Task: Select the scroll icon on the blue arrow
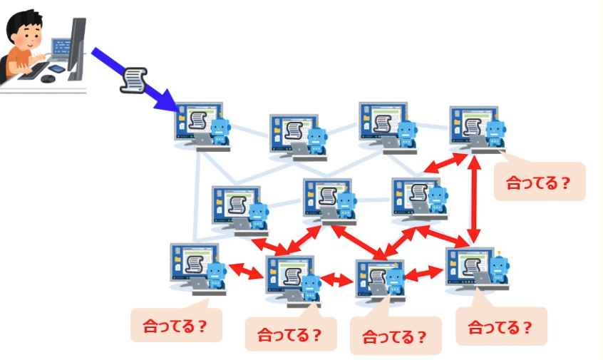[x=133, y=78]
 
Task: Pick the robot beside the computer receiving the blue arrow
[x=222, y=132]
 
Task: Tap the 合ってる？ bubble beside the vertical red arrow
[x=539, y=182]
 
